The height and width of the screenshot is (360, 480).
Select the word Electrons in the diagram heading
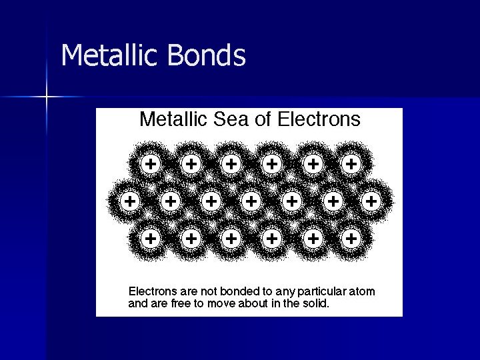click(x=319, y=119)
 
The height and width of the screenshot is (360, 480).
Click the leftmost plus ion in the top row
click(x=151, y=163)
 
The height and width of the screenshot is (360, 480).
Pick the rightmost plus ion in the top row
click(x=351, y=163)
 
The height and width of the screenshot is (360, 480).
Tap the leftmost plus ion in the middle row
click(x=130, y=199)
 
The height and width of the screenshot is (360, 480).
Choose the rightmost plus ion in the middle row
click(x=371, y=199)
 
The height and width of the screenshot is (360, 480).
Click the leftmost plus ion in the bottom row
click(x=151, y=237)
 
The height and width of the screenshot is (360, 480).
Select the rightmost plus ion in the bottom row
click(x=351, y=237)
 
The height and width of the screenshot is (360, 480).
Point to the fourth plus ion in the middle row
click(x=251, y=199)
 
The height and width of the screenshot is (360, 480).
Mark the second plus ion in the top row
click(x=191, y=163)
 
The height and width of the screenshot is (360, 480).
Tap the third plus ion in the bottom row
click(x=231, y=237)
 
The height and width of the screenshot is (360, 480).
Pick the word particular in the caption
click(x=323, y=292)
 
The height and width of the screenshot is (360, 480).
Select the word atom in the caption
click(x=363, y=291)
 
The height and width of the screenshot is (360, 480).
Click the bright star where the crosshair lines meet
click(x=47, y=97)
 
